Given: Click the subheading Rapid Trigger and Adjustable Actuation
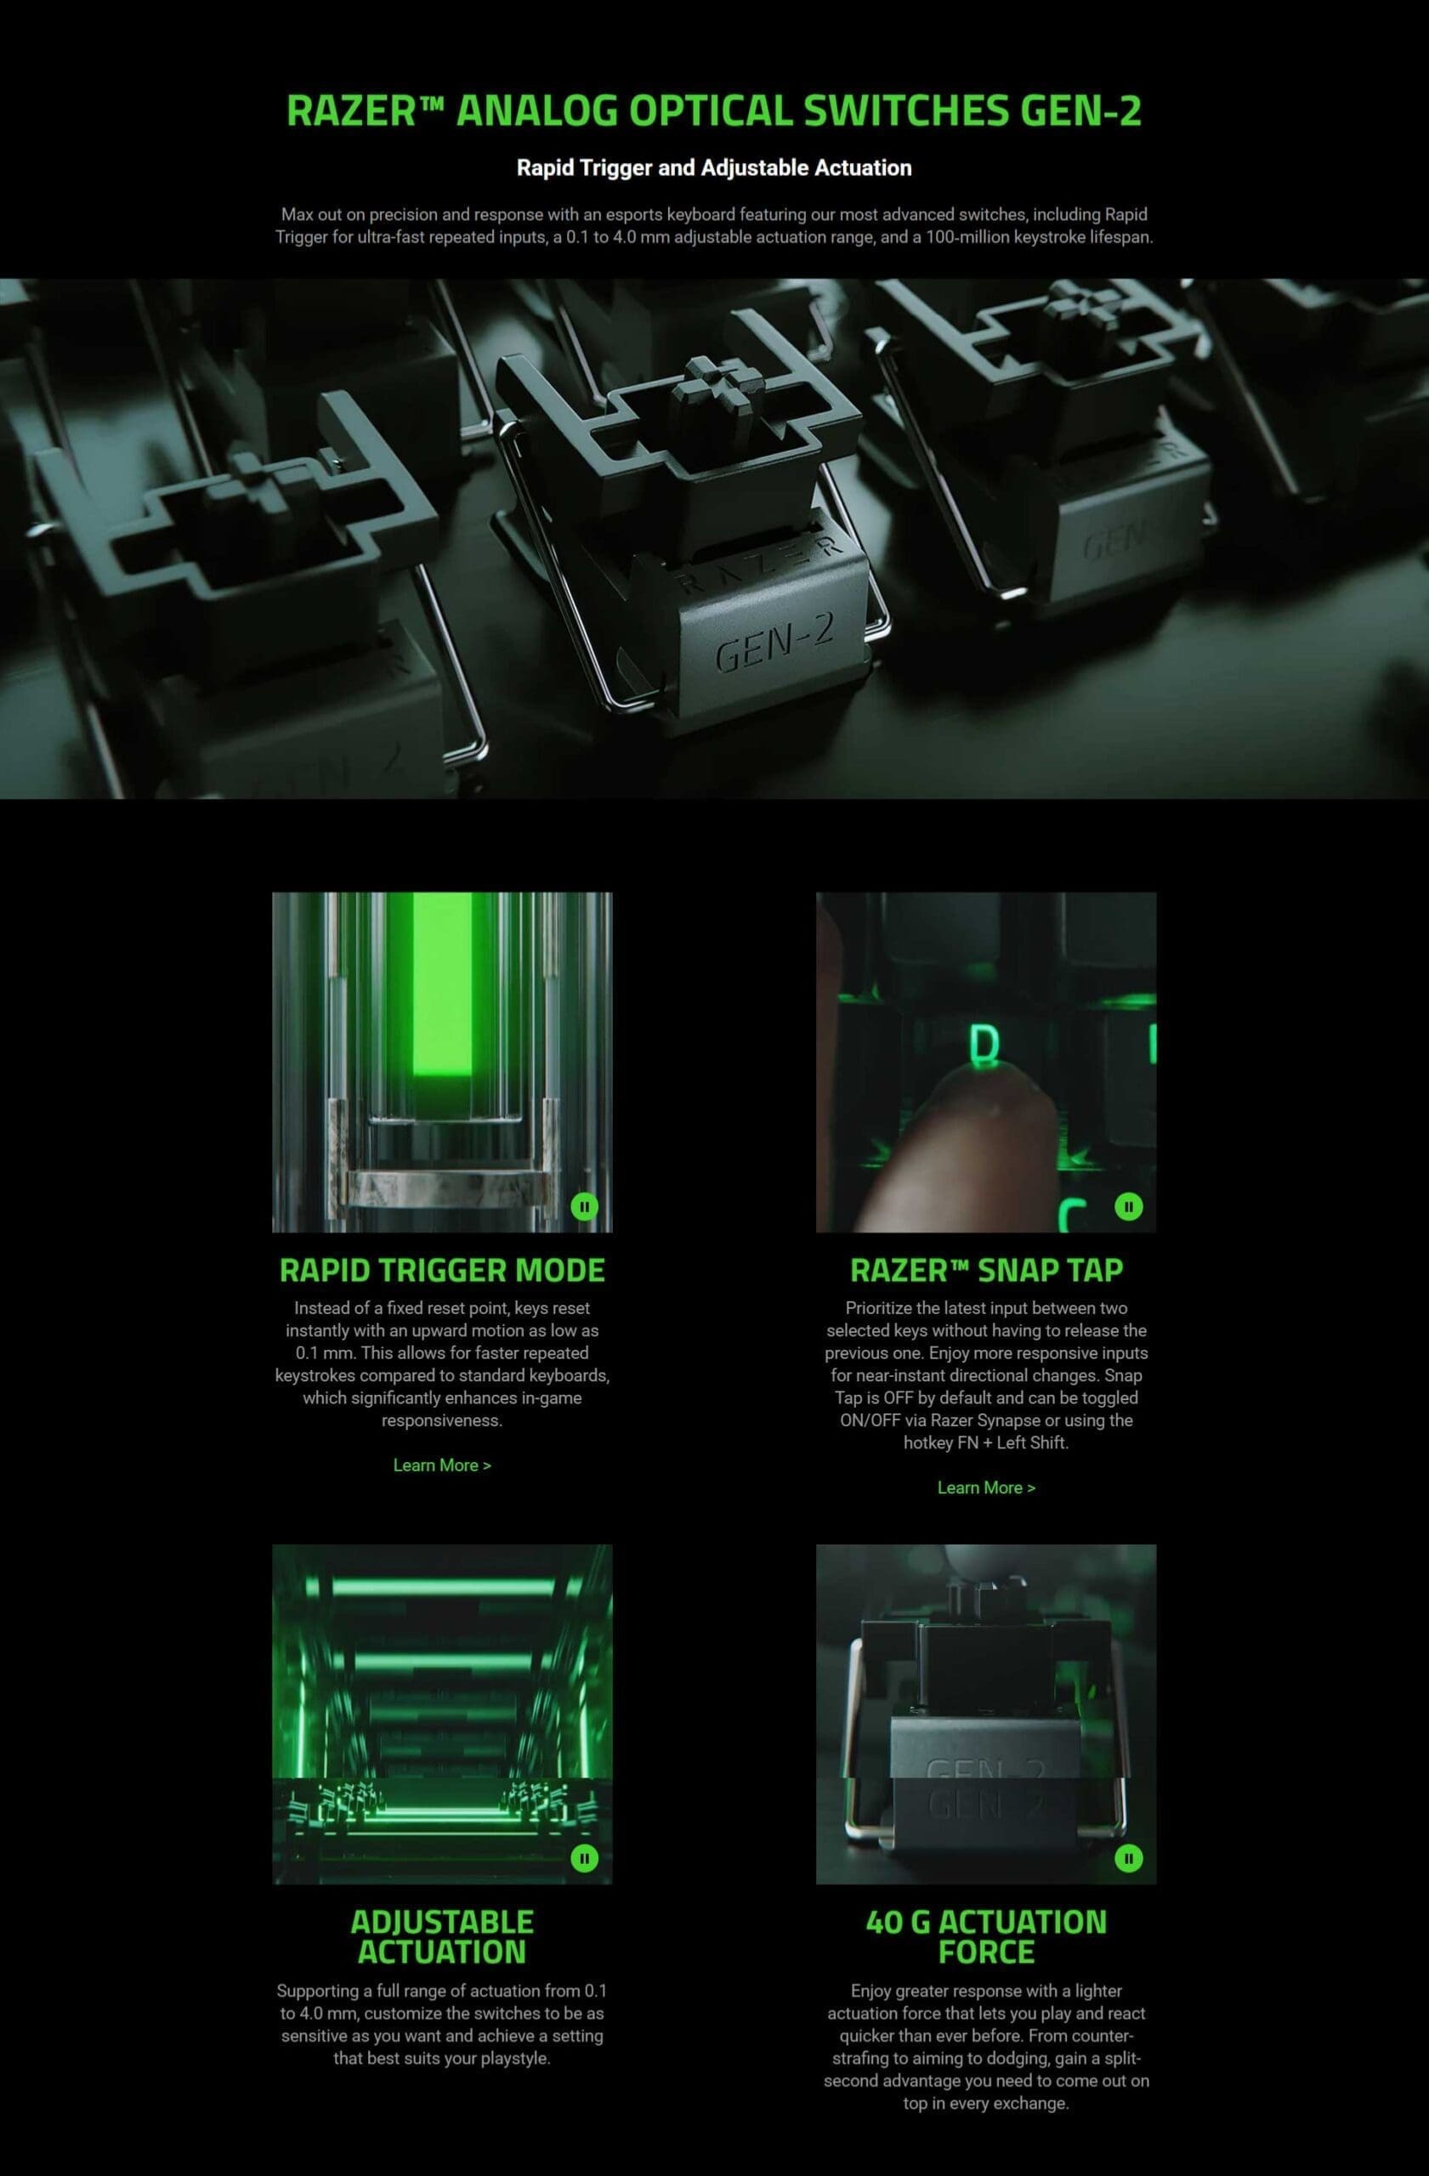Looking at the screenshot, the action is tap(714, 168).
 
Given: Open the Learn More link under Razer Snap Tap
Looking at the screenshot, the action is tap(986, 1487).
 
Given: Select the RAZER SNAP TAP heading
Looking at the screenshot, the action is tap(986, 1270).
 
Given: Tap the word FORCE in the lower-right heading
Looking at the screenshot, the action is tap(986, 1952).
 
